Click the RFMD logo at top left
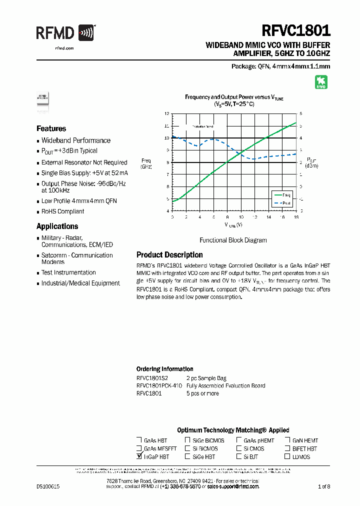coord(65,34)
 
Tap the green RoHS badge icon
coord(320,82)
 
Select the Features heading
coord(51,128)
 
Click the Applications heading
coord(57,226)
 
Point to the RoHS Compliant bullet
coord(62,211)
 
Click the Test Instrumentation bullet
coord(68,273)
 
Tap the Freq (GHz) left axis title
coord(146,163)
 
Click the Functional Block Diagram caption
coord(233,240)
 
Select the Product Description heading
coord(169,255)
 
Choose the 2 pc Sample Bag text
coord(206,378)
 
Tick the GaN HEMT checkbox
coord(287,440)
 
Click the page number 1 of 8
coord(324,486)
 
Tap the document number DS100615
coord(48,486)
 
